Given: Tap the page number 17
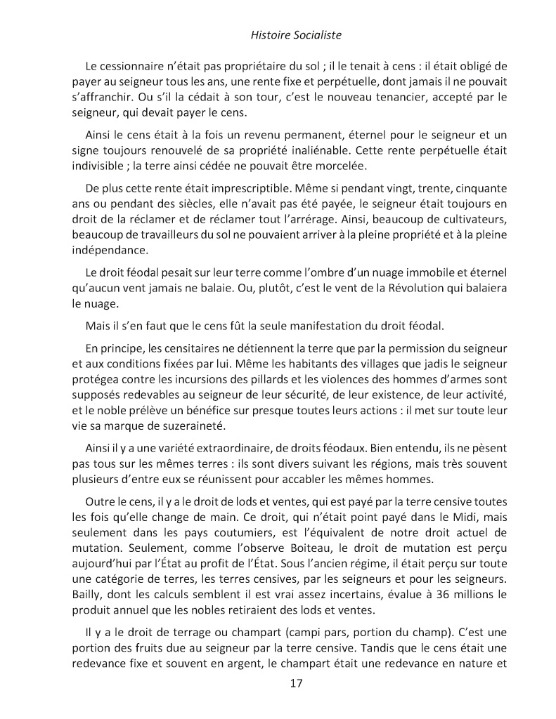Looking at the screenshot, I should [296, 683].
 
